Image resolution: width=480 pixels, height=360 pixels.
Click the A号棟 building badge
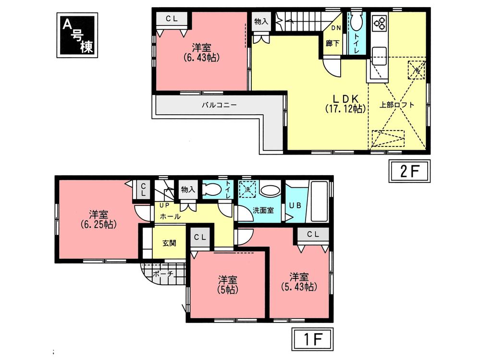pos(77,35)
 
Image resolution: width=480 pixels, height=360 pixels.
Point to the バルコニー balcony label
pos(219,104)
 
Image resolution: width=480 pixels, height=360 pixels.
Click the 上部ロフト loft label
pos(396,104)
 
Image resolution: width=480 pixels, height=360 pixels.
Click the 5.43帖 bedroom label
pos(298,282)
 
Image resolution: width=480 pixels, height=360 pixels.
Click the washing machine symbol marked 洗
pos(248,189)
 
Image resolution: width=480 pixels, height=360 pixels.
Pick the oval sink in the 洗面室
pos(269,191)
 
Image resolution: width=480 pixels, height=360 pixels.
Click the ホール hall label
pos(171,216)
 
